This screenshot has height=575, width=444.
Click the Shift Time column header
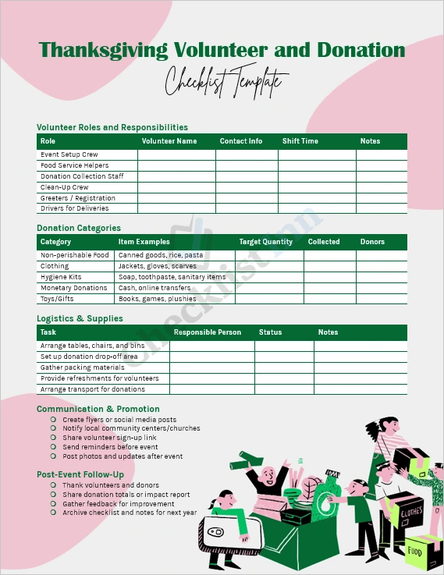point(300,141)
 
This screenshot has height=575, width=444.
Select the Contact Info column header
point(240,141)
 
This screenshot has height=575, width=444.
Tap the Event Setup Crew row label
point(69,154)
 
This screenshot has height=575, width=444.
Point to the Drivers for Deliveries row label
point(74,208)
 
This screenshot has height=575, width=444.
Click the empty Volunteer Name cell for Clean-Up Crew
point(176,187)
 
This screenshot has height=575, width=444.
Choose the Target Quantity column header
point(265,242)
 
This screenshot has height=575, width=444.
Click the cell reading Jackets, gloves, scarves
point(157,266)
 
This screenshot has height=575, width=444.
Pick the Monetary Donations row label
point(73,288)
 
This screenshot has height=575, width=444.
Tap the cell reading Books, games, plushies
point(157,299)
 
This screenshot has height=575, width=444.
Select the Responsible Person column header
point(207,332)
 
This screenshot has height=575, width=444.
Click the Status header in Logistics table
point(270,332)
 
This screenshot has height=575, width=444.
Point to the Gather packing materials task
point(82,367)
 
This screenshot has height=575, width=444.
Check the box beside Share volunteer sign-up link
point(53,438)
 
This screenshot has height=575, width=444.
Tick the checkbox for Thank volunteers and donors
point(53,485)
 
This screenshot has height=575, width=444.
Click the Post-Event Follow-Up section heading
point(80,474)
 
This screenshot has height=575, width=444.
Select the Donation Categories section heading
point(79,228)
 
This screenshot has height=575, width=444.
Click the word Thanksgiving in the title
point(103,51)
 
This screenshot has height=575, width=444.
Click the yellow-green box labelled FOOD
point(424,550)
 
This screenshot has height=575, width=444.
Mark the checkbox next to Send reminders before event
point(53,447)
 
